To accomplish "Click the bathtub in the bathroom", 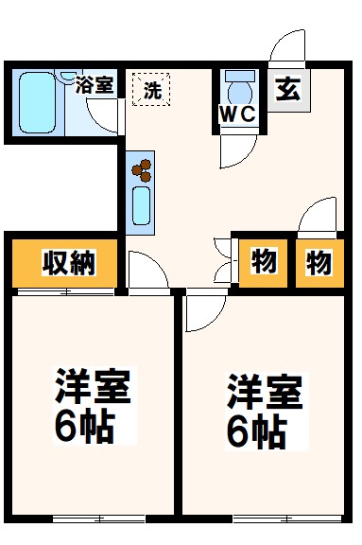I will pos(39,102).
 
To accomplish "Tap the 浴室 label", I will pos(95,85).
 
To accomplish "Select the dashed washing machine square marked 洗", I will pos(150,90).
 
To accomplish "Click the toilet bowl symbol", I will pos(239,92).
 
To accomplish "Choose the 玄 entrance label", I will pos(288,91).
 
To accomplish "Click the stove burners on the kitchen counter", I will pos(141,169).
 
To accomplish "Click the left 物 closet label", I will pos(262,262).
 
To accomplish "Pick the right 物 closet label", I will pos(318,262).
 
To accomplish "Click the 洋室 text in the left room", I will pos(93,389).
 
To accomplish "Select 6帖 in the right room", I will pos(255,431).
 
